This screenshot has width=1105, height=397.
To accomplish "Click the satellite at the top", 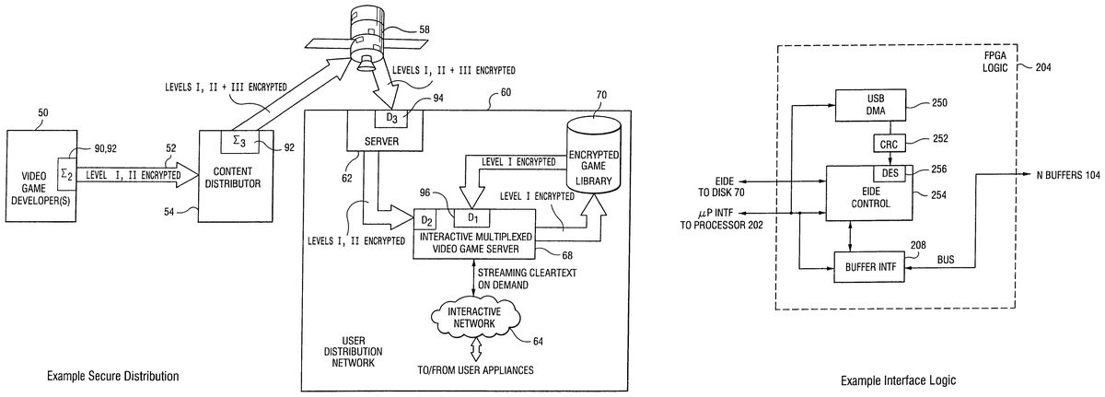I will pyautogui.click(x=366, y=37).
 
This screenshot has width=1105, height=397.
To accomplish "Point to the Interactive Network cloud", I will pyautogui.click(x=473, y=318).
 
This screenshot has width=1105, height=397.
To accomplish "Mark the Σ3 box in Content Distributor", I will pyautogui.click(x=238, y=140).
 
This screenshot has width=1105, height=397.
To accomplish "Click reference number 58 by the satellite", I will pyautogui.click(x=424, y=30).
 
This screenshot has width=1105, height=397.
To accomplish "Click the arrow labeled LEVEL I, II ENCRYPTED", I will pyautogui.click(x=129, y=171).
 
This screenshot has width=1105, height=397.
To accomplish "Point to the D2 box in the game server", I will pyautogui.click(x=426, y=221).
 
